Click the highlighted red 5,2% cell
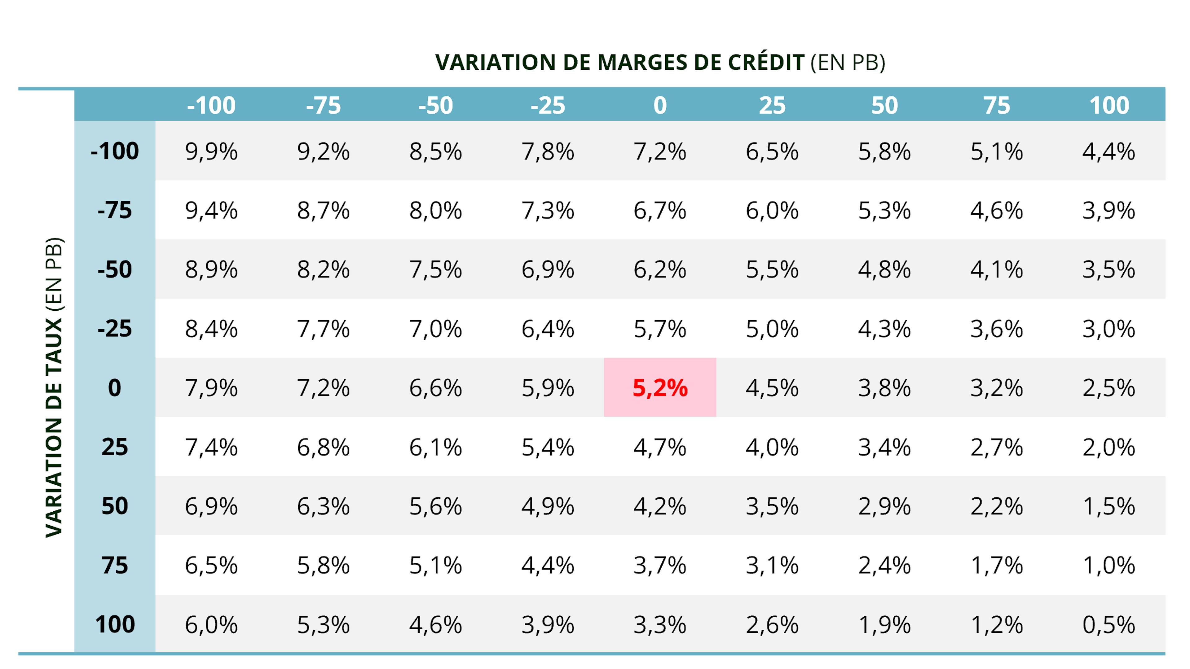click(660, 387)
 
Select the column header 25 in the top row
click(772, 105)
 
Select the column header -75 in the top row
click(323, 105)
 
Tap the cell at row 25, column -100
click(211, 447)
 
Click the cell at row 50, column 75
click(996, 506)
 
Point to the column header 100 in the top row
click(1109, 105)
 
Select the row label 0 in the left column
click(115, 387)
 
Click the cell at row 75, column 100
click(1109, 565)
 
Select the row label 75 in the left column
click(115, 565)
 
